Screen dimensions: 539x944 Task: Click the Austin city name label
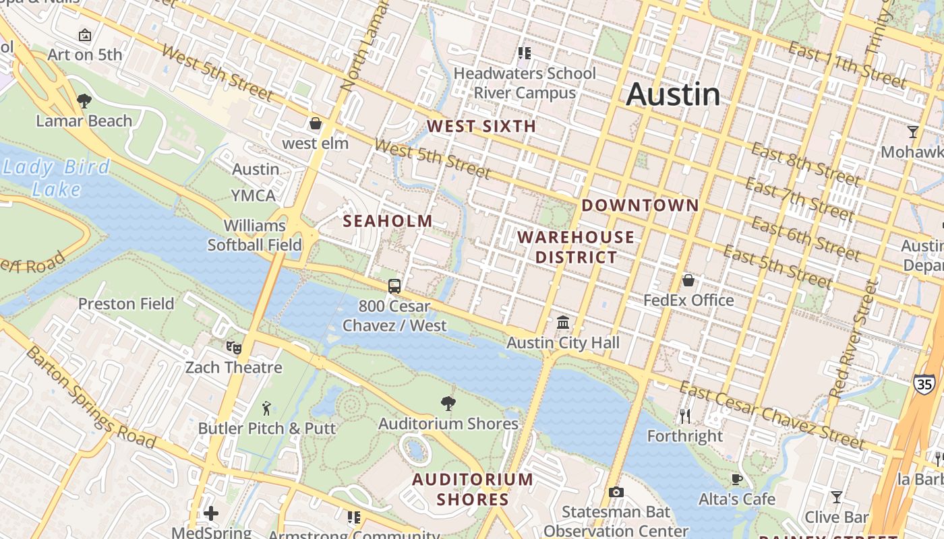tap(673, 94)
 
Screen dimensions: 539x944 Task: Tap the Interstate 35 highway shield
tap(924, 383)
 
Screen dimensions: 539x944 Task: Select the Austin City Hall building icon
tap(563, 323)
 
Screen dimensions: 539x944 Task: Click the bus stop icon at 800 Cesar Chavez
tap(394, 286)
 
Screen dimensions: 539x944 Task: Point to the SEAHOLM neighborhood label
tap(388, 221)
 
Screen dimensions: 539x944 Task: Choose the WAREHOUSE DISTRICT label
tap(576, 247)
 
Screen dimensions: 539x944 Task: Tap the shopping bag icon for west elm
tap(315, 123)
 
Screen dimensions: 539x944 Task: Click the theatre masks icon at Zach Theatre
tap(233, 347)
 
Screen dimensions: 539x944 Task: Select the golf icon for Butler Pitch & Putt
tap(266, 408)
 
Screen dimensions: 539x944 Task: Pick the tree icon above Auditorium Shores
tap(448, 404)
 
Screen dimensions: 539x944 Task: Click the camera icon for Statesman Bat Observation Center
tap(616, 493)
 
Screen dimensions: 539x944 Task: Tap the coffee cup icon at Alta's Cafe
tap(737, 479)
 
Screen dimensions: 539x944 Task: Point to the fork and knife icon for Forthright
tap(685, 416)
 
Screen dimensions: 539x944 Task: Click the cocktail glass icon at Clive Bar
tap(836, 497)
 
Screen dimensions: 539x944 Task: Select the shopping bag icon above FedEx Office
tap(688, 280)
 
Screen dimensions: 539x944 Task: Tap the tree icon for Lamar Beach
tap(84, 101)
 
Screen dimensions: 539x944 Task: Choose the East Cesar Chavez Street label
tap(771, 415)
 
